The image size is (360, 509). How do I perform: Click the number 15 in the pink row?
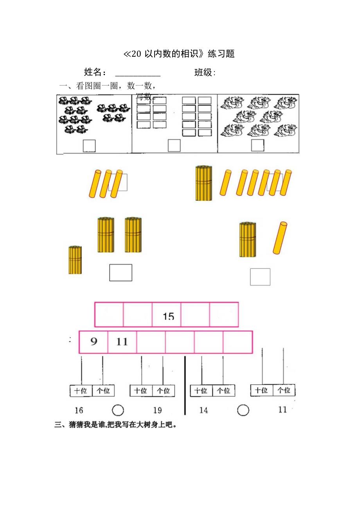click(x=168, y=316)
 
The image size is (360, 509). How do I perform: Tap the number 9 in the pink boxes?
click(x=94, y=342)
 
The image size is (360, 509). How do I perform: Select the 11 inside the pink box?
click(x=122, y=342)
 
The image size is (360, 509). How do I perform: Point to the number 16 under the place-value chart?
click(x=79, y=410)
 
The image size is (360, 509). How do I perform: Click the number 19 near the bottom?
click(x=157, y=410)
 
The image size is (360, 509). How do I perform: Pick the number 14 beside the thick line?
click(x=203, y=410)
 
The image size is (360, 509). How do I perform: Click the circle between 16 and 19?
click(x=118, y=410)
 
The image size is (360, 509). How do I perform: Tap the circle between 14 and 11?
click(x=243, y=410)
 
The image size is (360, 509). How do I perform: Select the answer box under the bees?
click(x=89, y=146)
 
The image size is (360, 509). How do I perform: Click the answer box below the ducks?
click(x=257, y=145)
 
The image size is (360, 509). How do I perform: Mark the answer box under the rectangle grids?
click(x=174, y=146)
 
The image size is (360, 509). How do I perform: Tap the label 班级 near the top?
click(x=204, y=73)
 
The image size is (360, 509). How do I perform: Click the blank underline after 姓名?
click(x=138, y=74)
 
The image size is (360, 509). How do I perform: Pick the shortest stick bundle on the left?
click(x=75, y=260)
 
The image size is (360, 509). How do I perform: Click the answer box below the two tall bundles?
click(x=121, y=272)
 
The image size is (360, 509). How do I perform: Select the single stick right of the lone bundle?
click(x=280, y=238)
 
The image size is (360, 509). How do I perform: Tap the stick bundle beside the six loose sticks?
click(x=203, y=183)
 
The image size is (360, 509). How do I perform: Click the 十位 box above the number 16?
click(x=81, y=390)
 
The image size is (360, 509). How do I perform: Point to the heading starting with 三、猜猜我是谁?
click(x=115, y=425)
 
